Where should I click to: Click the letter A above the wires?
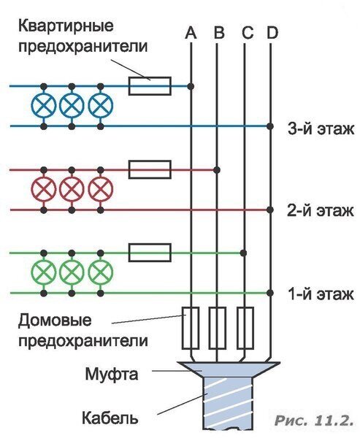click(x=191, y=33)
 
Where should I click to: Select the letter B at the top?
click(x=218, y=33)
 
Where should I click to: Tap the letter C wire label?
click(x=245, y=33)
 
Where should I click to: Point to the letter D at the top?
click(x=272, y=33)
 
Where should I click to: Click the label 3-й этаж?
click(x=319, y=129)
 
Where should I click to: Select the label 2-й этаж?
click(x=319, y=212)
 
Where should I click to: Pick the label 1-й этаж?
click(x=319, y=295)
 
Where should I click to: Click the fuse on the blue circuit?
click(x=150, y=86)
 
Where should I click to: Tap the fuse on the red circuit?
click(x=150, y=170)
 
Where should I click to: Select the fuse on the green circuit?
click(x=150, y=253)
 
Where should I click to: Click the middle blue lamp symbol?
click(x=72, y=106)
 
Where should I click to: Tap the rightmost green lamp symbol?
click(x=99, y=273)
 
